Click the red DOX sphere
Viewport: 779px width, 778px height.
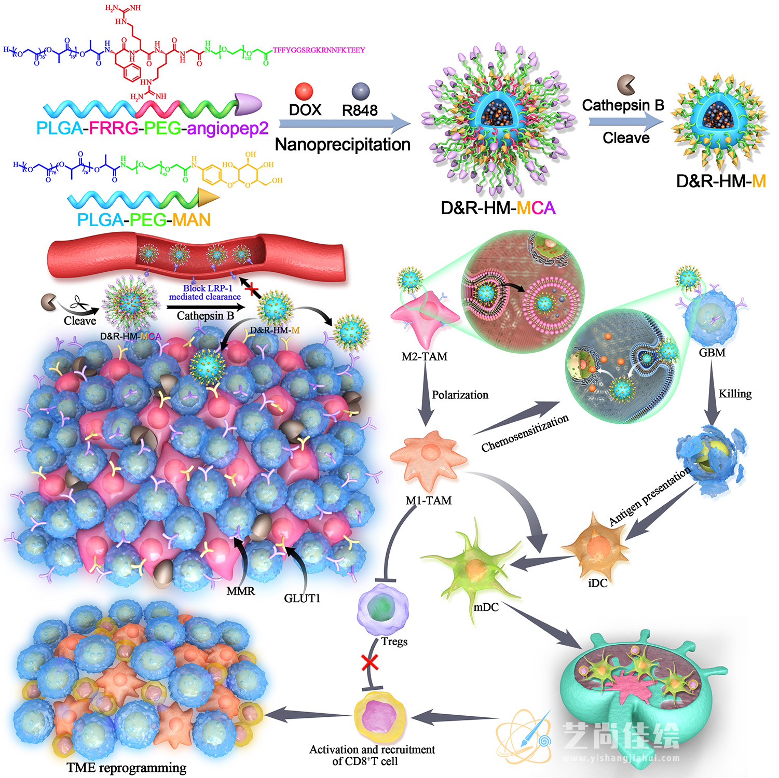304,91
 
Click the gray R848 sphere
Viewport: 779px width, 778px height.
360,91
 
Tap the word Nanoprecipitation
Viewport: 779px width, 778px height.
343,144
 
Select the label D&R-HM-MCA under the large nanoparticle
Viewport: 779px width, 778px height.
498,208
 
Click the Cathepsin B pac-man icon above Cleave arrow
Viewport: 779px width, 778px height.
626,84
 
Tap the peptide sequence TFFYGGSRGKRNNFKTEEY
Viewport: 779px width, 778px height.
319,50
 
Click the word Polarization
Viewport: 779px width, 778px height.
460,395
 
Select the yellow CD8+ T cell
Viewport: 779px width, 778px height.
380,716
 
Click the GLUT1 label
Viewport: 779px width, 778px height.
302,598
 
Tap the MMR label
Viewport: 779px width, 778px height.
241,591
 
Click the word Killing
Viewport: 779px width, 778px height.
735,394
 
